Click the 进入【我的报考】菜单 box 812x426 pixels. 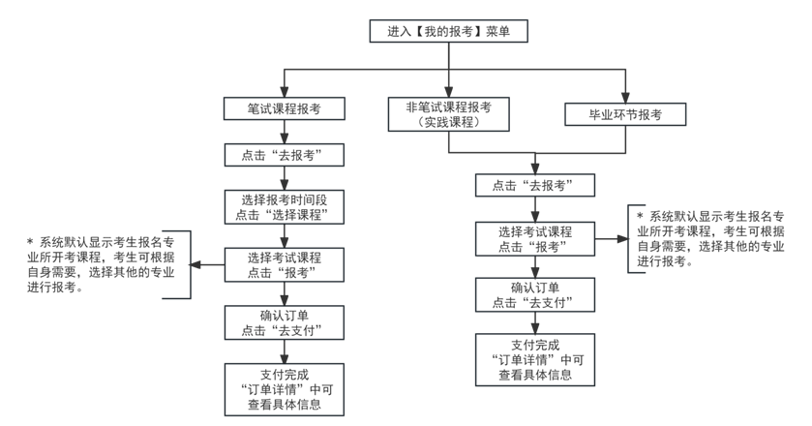[448, 31]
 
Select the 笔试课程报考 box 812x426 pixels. [284, 110]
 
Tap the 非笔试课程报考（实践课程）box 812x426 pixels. [448, 115]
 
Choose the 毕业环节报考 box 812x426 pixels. [625, 115]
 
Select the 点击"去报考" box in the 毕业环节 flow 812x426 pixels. [535, 186]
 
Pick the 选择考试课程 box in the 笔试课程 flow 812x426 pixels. [284, 264]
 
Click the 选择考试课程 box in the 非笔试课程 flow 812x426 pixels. [535, 238]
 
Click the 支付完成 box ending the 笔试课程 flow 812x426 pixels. [284, 388]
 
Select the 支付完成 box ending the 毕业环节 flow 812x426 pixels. [535, 359]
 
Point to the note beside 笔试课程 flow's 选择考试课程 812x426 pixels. [101, 264]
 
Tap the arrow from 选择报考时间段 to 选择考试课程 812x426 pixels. [284, 236]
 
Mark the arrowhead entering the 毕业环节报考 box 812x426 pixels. [625, 97]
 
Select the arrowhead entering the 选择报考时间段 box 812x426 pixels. [284, 184]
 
